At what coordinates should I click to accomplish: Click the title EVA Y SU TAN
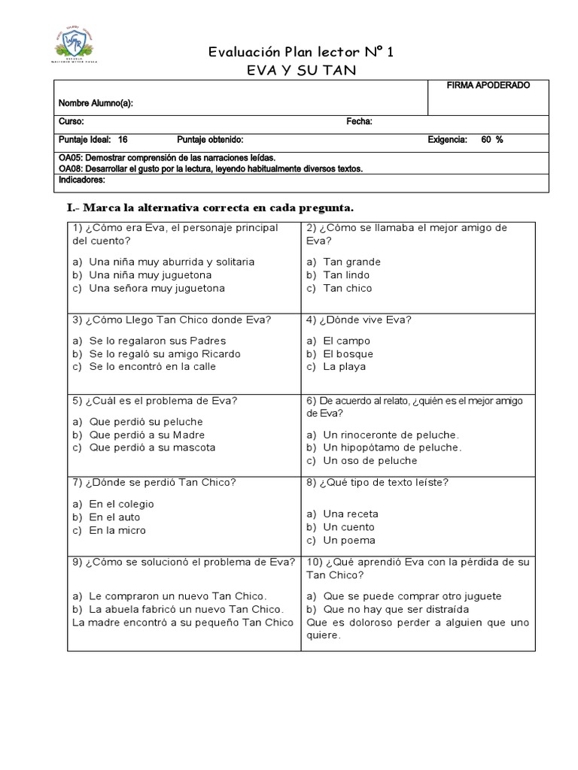[289, 70]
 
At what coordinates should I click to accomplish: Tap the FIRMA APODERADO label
[488, 86]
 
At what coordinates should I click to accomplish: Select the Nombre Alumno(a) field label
[96, 103]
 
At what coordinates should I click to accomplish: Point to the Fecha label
[359, 122]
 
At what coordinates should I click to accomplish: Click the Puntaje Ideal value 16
[123, 140]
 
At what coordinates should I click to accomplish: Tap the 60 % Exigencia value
[491, 140]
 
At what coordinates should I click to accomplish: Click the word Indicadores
[82, 180]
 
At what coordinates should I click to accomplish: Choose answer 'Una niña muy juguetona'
[150, 275]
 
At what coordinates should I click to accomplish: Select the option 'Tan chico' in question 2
[347, 288]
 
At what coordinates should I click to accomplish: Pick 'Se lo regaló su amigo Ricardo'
[164, 353]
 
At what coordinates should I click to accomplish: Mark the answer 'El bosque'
[348, 353]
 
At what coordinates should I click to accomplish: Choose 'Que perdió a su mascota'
[152, 447]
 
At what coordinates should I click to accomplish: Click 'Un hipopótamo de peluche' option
[392, 447]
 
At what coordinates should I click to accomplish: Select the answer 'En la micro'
[117, 530]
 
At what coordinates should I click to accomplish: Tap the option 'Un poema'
[348, 541]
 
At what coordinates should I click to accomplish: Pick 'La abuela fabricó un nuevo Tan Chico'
[186, 608]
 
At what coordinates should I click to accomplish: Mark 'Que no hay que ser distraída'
[401, 608]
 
